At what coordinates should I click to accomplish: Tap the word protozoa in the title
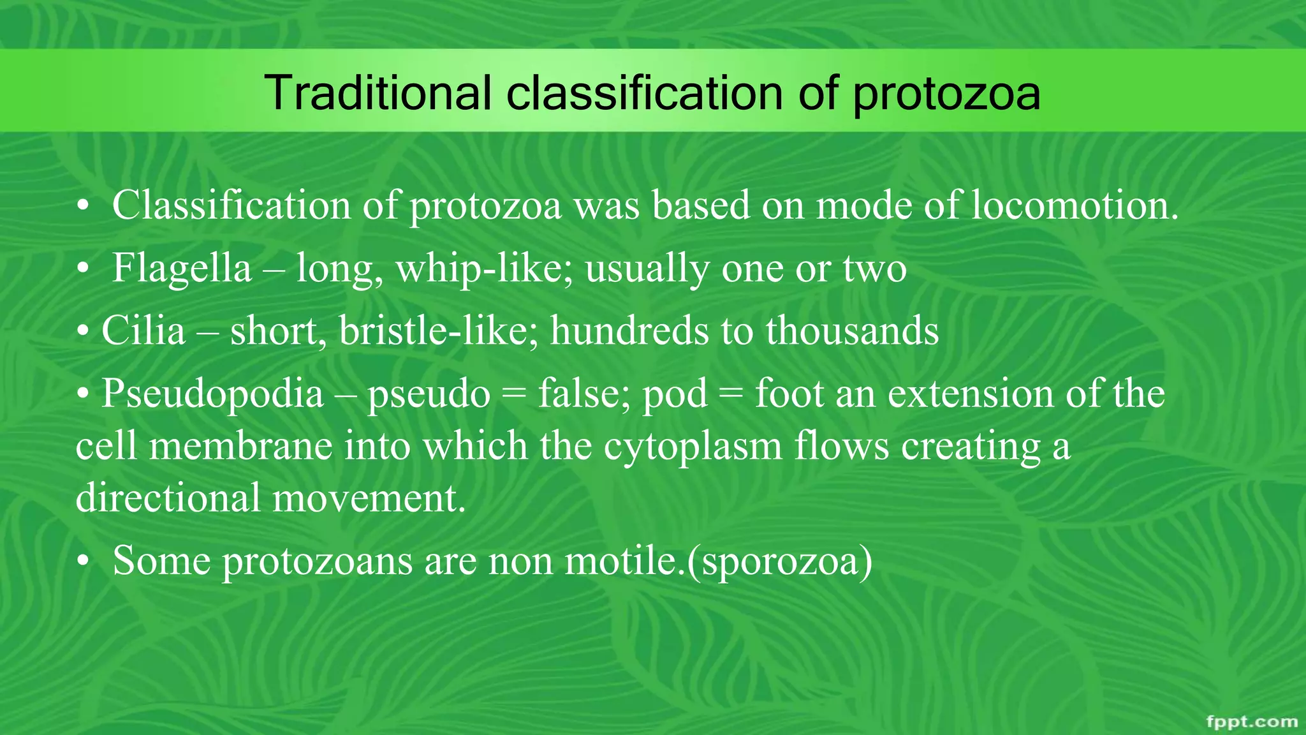click(x=946, y=93)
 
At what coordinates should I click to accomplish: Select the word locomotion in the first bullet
click(x=1074, y=205)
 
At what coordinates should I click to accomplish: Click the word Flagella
click(x=182, y=268)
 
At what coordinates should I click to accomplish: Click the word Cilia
click(x=143, y=330)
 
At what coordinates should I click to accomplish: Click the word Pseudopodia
click(x=212, y=393)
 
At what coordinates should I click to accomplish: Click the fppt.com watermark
click(x=1252, y=722)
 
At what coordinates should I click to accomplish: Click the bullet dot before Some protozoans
click(x=82, y=563)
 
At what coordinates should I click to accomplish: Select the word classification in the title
click(x=645, y=93)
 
